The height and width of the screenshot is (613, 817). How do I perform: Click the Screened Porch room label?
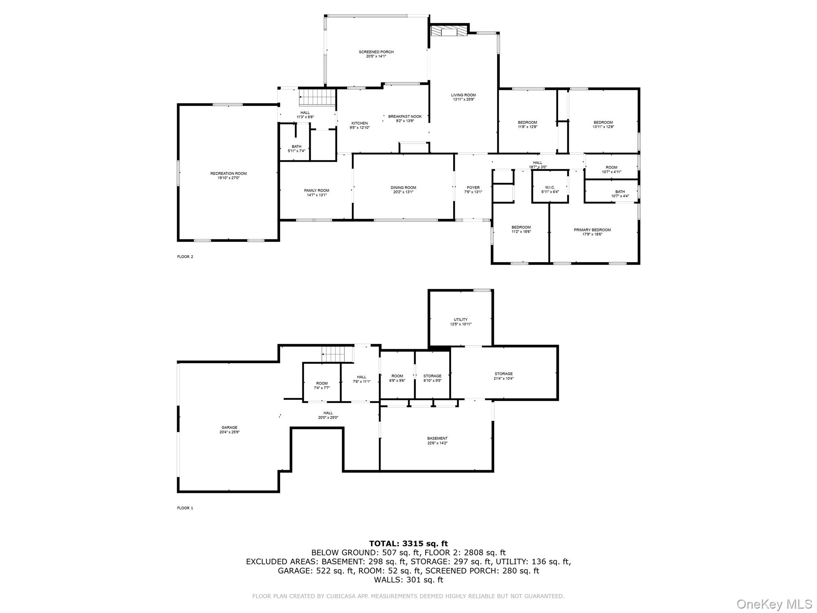pyautogui.click(x=376, y=52)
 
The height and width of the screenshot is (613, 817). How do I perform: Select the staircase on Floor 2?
pyautogui.click(x=317, y=97)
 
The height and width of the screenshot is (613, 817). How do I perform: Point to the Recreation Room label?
pyautogui.click(x=228, y=174)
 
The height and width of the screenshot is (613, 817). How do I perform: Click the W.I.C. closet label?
pyautogui.click(x=550, y=188)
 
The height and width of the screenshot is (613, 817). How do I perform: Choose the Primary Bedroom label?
pyautogui.click(x=592, y=230)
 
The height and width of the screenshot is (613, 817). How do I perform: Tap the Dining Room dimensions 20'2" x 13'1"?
pyautogui.click(x=403, y=192)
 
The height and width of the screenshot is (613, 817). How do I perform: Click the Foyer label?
pyautogui.click(x=473, y=188)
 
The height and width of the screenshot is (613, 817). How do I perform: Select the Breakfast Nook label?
pyautogui.click(x=402, y=117)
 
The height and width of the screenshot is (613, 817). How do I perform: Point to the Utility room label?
pyautogui.click(x=460, y=320)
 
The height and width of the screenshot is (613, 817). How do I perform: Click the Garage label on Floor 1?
pyautogui.click(x=229, y=427)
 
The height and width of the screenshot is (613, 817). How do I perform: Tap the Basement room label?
pyautogui.click(x=437, y=438)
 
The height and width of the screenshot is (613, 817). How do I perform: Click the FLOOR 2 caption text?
pyautogui.click(x=185, y=257)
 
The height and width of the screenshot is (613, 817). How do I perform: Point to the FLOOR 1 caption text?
pyautogui.click(x=185, y=508)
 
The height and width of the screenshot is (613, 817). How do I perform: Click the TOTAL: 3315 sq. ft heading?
pyautogui.click(x=408, y=543)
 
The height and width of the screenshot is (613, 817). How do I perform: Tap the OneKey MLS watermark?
pyautogui.click(x=774, y=604)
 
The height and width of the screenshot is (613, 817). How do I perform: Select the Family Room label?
pyautogui.click(x=316, y=190)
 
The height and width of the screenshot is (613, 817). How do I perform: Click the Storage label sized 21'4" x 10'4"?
pyautogui.click(x=503, y=374)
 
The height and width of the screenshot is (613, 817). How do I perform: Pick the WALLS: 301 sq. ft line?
pyautogui.click(x=408, y=579)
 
